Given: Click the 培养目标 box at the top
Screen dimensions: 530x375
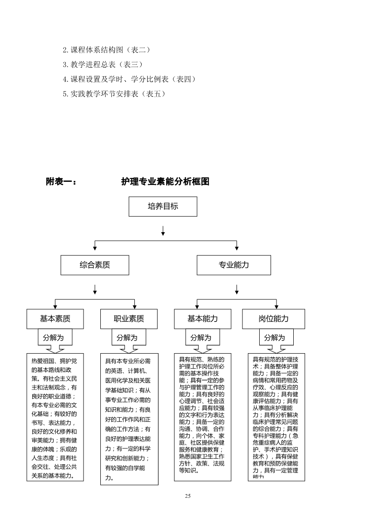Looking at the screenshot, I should [163, 207].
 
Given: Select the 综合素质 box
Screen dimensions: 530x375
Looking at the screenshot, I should [95, 265].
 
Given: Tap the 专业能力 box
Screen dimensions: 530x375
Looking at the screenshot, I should [234, 265].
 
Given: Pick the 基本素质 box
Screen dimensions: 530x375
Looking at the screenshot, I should [55, 319].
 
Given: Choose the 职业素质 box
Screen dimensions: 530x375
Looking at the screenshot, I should [129, 319].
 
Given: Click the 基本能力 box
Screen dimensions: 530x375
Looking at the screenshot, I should [202, 319].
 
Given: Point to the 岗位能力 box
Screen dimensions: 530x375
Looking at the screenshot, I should [273, 319].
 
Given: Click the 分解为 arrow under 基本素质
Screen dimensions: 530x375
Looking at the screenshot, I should [54, 338].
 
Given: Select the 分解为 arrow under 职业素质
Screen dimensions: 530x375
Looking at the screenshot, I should [127, 338].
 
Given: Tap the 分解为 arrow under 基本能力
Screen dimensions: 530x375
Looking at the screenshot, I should [201, 338].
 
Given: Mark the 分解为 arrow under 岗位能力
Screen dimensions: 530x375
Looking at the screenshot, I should [275, 338].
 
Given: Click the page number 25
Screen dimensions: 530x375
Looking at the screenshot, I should [187, 496].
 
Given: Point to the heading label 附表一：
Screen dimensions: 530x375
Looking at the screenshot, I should [61, 181].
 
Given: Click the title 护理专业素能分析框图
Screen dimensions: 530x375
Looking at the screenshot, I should [165, 181].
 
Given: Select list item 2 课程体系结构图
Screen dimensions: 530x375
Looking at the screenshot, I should [106, 49].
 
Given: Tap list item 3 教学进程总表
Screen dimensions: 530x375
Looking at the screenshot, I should [103, 64].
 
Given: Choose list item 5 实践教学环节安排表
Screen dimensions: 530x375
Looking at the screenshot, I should [113, 94].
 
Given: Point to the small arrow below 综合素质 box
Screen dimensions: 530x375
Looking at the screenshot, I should [95, 289].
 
